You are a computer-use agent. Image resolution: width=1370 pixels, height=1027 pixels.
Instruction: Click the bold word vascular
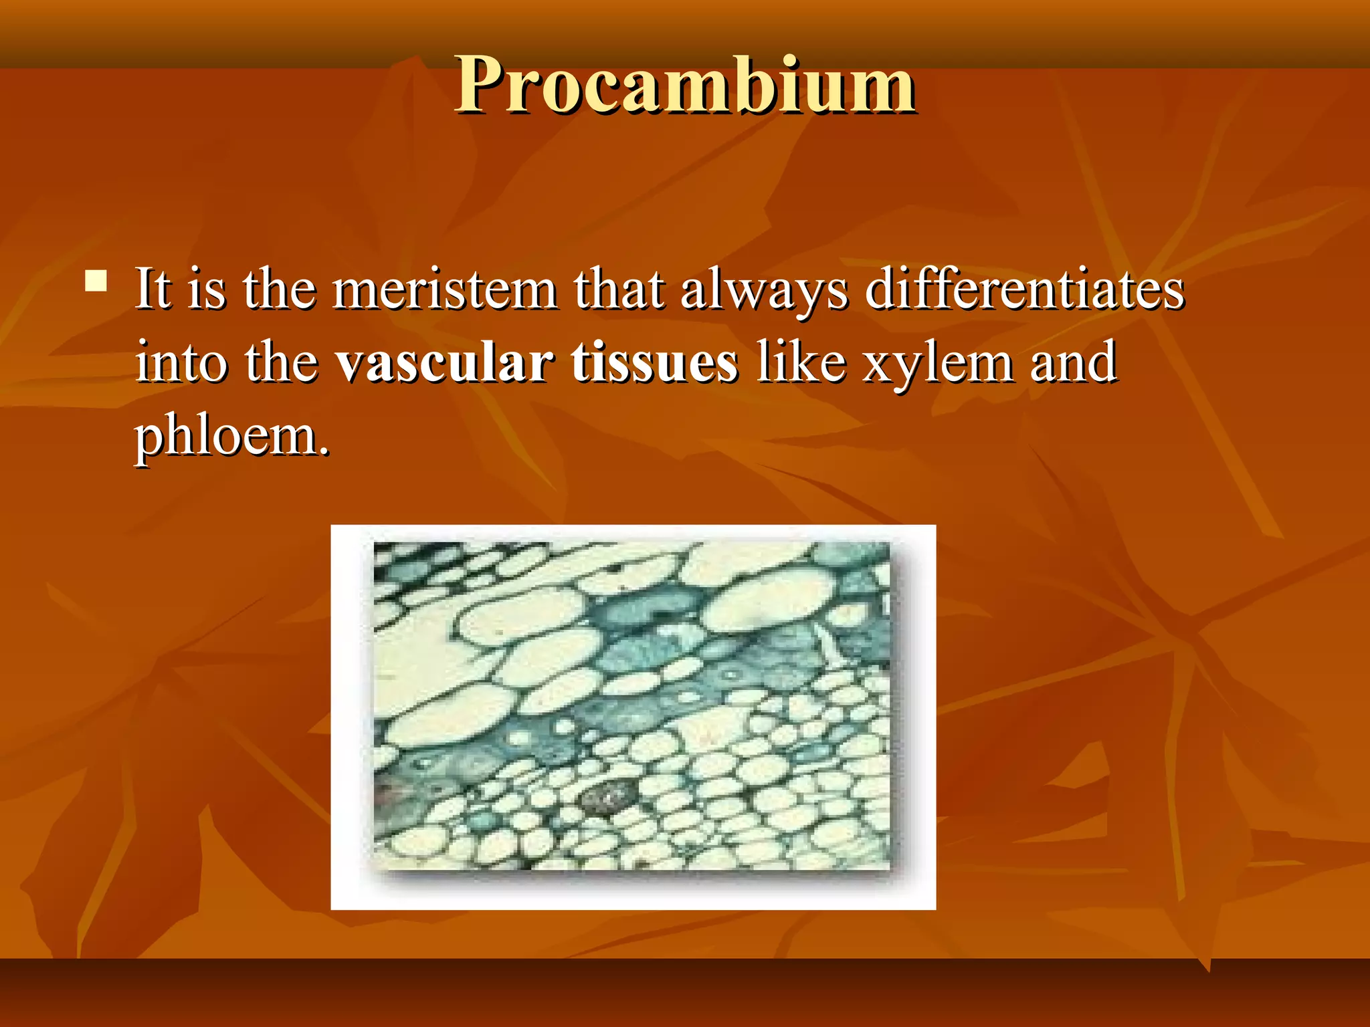pos(444,363)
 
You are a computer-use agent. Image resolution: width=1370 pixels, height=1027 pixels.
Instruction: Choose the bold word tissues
pos(654,363)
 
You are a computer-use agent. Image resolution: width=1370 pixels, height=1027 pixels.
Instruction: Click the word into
pos(180,363)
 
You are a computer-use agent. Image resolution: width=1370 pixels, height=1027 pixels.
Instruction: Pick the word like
pos(801,363)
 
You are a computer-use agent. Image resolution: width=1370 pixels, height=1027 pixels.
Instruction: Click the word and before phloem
pos(1073,363)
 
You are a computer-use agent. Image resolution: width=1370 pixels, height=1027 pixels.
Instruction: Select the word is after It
pos(207,291)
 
